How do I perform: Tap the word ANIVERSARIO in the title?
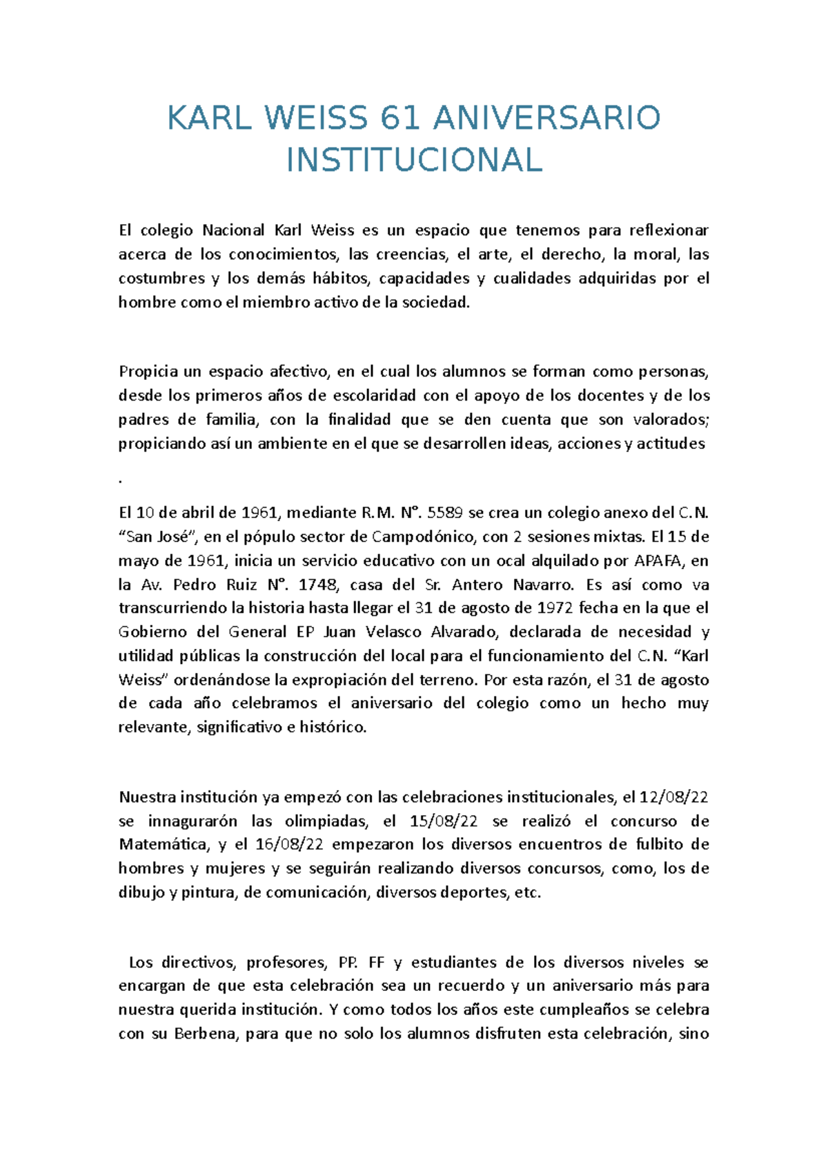click(x=546, y=119)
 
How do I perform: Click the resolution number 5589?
click(x=446, y=513)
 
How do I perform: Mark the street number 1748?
click(x=318, y=585)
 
